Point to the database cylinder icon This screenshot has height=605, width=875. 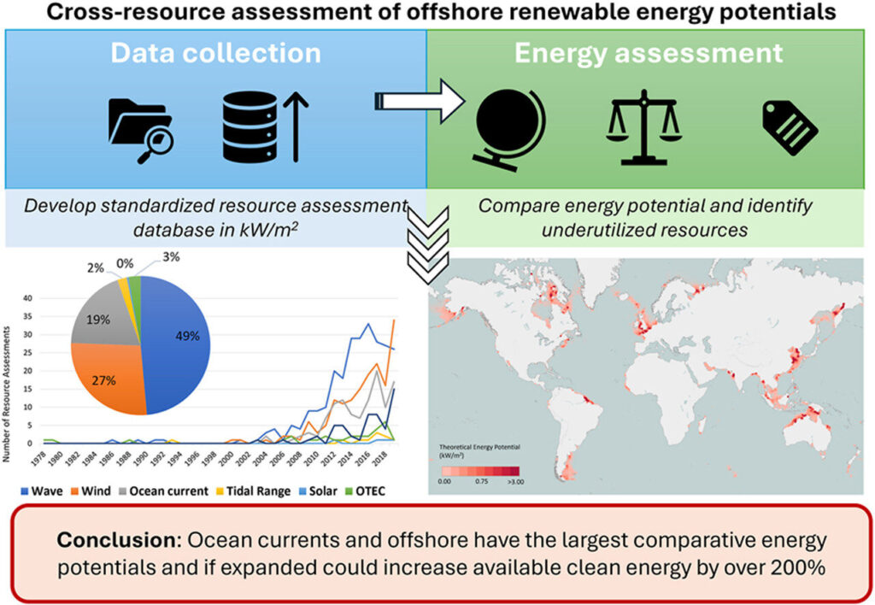245,128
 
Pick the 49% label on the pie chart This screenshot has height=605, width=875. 188,336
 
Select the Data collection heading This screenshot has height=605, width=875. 214,53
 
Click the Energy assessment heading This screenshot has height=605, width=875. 649,53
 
